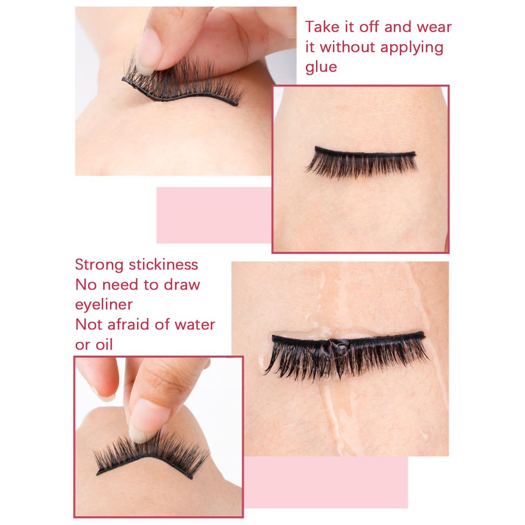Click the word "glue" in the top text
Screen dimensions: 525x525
321,67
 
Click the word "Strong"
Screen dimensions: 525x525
99,265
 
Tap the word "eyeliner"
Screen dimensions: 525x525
104,304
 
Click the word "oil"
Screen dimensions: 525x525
102,344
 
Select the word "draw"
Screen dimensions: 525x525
182,285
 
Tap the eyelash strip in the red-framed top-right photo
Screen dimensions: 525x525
361,162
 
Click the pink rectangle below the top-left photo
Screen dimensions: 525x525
214,215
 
